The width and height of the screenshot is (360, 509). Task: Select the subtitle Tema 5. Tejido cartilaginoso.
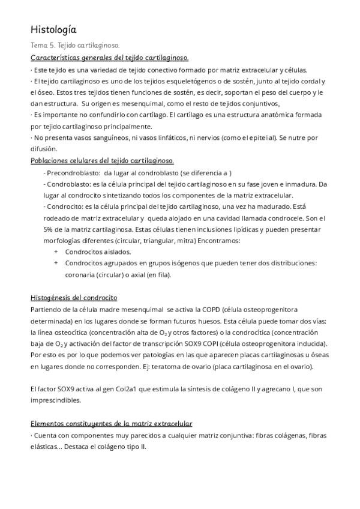pyautogui.click(x=75, y=45)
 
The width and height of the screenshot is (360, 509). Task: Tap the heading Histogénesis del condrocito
pyautogui.click(x=74, y=298)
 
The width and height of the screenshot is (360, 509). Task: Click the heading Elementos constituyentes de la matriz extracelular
pyautogui.click(x=111, y=424)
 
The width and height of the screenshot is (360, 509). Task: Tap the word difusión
pyautogui.click(x=42, y=149)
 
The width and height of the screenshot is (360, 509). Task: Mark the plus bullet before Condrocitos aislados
pyautogui.click(x=56, y=252)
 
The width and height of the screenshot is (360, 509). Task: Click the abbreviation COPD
pyautogui.click(x=212, y=310)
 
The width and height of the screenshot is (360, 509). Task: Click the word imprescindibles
pyautogui.click(x=59, y=400)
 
